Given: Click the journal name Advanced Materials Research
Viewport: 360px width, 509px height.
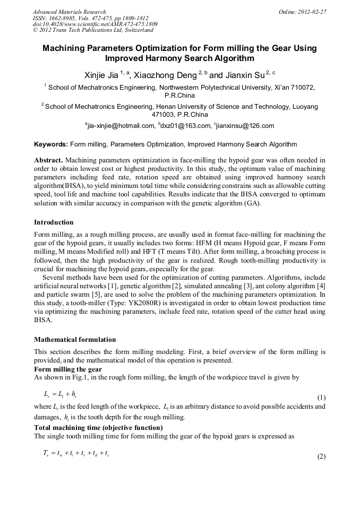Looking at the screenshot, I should (69, 12).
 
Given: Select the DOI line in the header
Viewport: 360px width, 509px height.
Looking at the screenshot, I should (95, 24).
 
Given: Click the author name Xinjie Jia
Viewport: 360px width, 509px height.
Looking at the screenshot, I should (101, 76).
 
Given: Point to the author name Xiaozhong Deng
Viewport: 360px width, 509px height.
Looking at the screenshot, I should (168, 76).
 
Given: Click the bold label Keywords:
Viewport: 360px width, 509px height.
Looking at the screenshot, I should (51, 144).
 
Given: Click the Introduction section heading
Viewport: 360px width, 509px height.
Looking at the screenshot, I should (54, 222).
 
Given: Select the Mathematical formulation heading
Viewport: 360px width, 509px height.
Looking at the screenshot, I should (75, 339).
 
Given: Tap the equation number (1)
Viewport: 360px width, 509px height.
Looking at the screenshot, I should (321, 398).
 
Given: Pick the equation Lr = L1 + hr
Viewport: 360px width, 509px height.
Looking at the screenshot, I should (59, 394).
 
